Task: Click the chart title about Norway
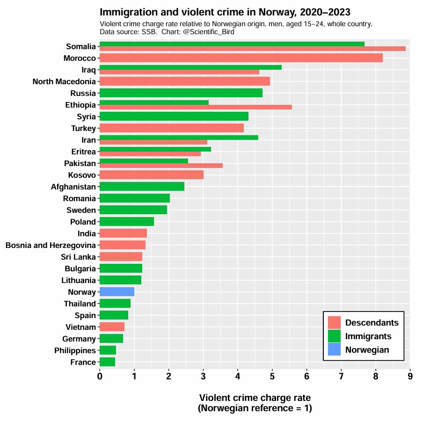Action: [x=225, y=12]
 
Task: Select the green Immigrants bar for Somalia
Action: [x=232, y=44]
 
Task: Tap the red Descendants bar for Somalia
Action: [x=252, y=49]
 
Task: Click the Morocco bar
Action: [x=241, y=58]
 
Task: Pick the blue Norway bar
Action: [x=117, y=292]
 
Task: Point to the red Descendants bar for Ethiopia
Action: [x=196, y=107]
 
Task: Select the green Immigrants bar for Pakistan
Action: [x=144, y=161]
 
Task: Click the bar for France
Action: [x=107, y=362]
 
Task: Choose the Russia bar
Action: [x=181, y=93]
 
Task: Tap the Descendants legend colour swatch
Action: [x=334, y=323]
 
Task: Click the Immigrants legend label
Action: [x=368, y=336]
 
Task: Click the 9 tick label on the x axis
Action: [x=410, y=376]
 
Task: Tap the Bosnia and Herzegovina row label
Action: [x=51, y=245]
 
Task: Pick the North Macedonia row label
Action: [x=64, y=81]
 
